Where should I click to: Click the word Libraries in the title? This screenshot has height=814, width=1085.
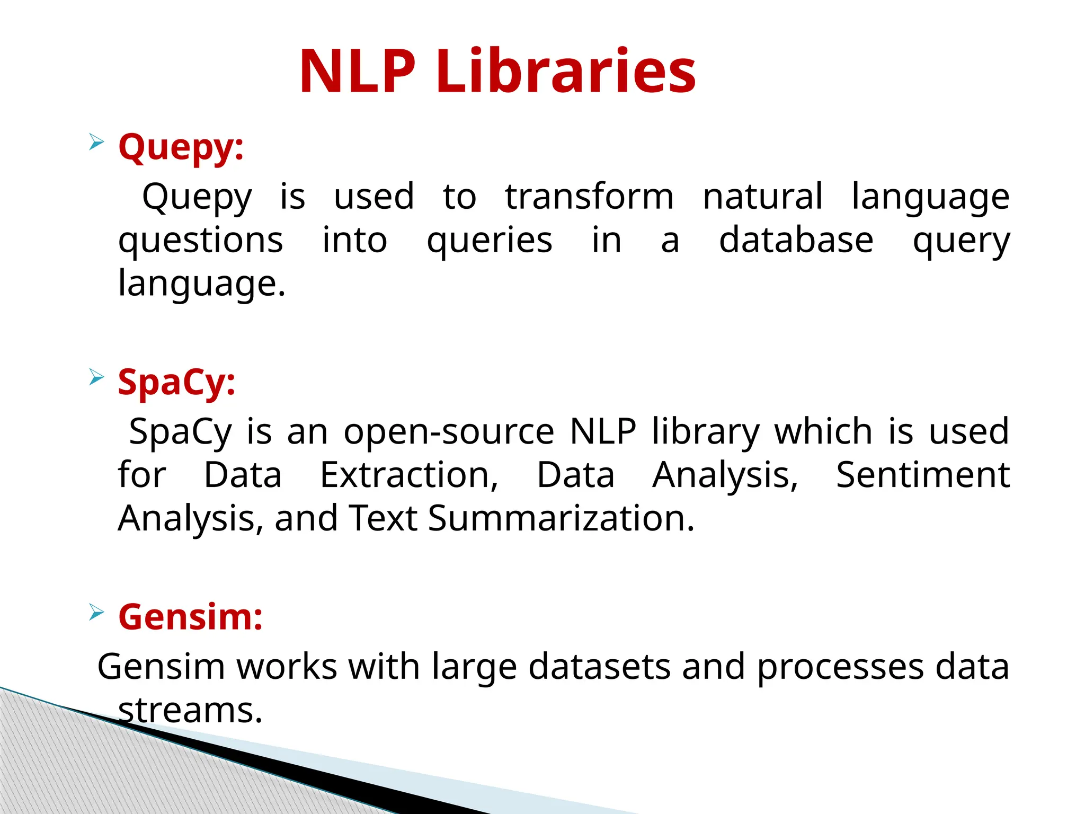(x=566, y=72)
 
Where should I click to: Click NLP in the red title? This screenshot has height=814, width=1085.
(x=357, y=72)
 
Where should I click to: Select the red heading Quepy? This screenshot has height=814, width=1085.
(x=181, y=147)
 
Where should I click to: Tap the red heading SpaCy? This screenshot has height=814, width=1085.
(x=176, y=382)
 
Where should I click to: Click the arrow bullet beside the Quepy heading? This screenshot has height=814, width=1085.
(x=96, y=142)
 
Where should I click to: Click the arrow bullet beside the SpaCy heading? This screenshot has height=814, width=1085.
(x=96, y=377)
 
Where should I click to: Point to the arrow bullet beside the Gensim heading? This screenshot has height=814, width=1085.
(x=96, y=612)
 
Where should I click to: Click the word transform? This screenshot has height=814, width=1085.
(x=589, y=197)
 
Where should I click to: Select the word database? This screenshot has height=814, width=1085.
(x=796, y=240)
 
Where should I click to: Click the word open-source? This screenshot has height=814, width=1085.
(x=449, y=432)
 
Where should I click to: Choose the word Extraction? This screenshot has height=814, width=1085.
(x=409, y=475)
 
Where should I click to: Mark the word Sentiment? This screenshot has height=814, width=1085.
(x=922, y=475)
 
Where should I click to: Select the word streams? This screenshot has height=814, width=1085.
(x=190, y=710)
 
